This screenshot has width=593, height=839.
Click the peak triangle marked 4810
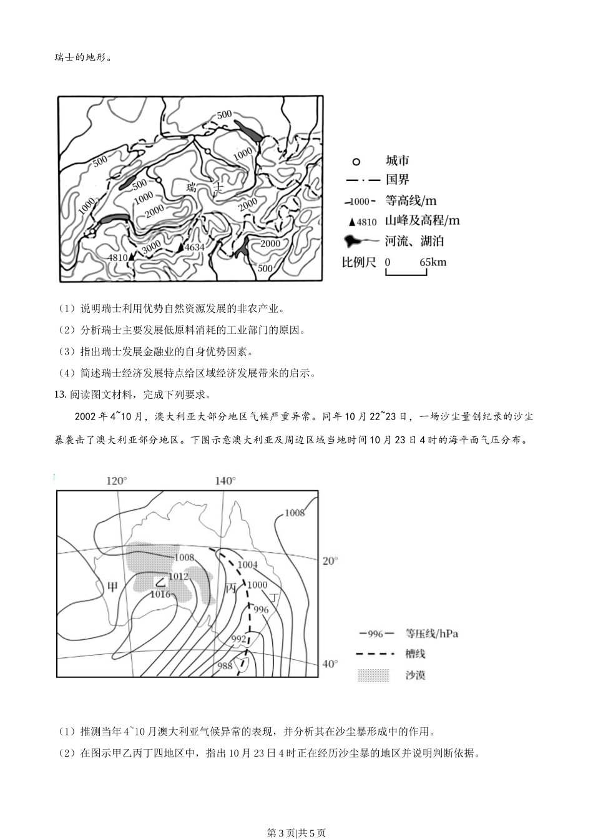coord(131,257)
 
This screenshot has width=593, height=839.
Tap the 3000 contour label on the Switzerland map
coord(152,248)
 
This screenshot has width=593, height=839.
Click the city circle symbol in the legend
coord(356,162)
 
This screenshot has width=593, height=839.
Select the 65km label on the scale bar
coord(433,262)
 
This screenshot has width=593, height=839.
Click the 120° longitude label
coord(117,481)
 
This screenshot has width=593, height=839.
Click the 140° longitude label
coord(225,481)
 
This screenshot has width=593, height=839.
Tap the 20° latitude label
coord(330,561)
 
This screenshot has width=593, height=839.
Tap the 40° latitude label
coord(330,664)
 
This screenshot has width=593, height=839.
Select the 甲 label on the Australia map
coord(112,586)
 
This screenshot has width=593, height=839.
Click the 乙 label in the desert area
coord(160,582)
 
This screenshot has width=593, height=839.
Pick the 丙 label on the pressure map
coord(231,588)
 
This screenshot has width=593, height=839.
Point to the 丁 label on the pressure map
coord(274,597)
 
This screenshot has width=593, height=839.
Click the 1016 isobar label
coord(160,594)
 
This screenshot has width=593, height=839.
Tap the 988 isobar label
coord(225,665)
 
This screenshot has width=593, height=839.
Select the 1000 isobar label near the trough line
coord(257,585)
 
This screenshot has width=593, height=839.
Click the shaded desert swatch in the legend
coord(373,675)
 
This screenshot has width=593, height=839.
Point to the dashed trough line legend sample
coord(375,654)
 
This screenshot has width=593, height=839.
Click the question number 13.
coord(61,395)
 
